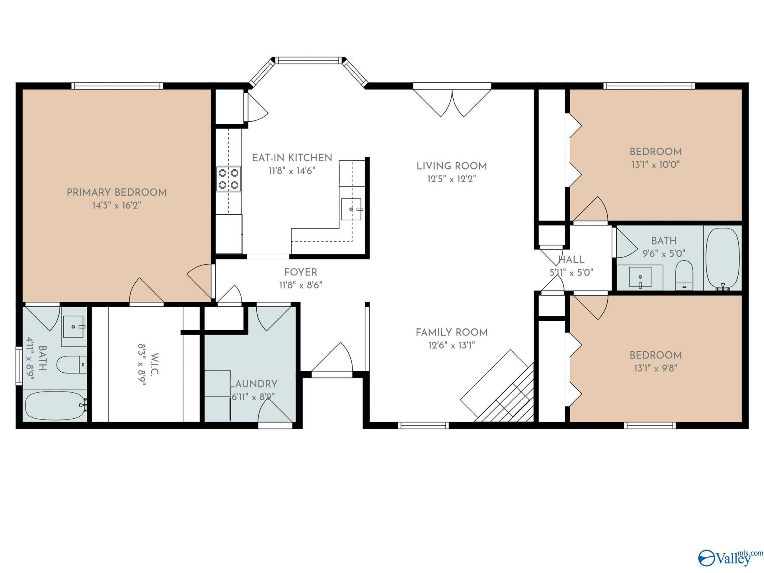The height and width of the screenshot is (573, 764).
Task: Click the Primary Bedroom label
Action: click(117, 193)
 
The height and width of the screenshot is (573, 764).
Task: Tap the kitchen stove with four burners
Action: click(229, 179)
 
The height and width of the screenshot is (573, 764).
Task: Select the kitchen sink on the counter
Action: click(351, 209)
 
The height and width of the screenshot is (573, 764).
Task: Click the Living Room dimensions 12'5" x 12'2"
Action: click(452, 179)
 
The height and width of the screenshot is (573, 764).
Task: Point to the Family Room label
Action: click(452, 332)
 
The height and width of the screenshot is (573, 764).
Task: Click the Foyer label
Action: click(301, 273)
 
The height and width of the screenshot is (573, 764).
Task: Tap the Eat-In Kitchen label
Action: click(292, 158)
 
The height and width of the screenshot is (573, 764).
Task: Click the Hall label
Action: click(571, 260)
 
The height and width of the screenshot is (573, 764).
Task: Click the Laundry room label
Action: click(253, 384)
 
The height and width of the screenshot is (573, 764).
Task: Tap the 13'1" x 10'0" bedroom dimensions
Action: click(655, 164)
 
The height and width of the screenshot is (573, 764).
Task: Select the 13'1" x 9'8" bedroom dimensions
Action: click(655, 368)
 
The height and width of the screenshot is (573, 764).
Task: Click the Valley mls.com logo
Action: click(731, 557)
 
